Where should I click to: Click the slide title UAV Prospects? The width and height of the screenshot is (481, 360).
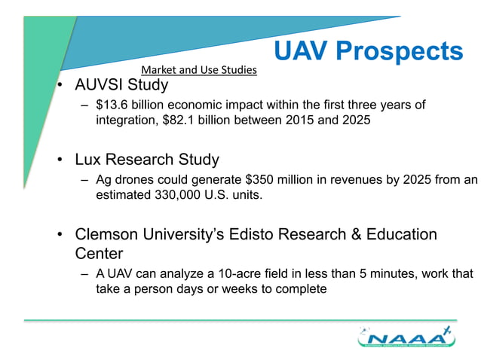pyautogui.click(x=367, y=51)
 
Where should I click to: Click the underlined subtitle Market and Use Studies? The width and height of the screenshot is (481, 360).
pyautogui.click(x=199, y=70)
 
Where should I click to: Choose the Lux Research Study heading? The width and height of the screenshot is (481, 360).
pyautogui.click(x=147, y=160)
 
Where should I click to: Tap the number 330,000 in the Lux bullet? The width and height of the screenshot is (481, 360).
pyautogui.click(x=178, y=196)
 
